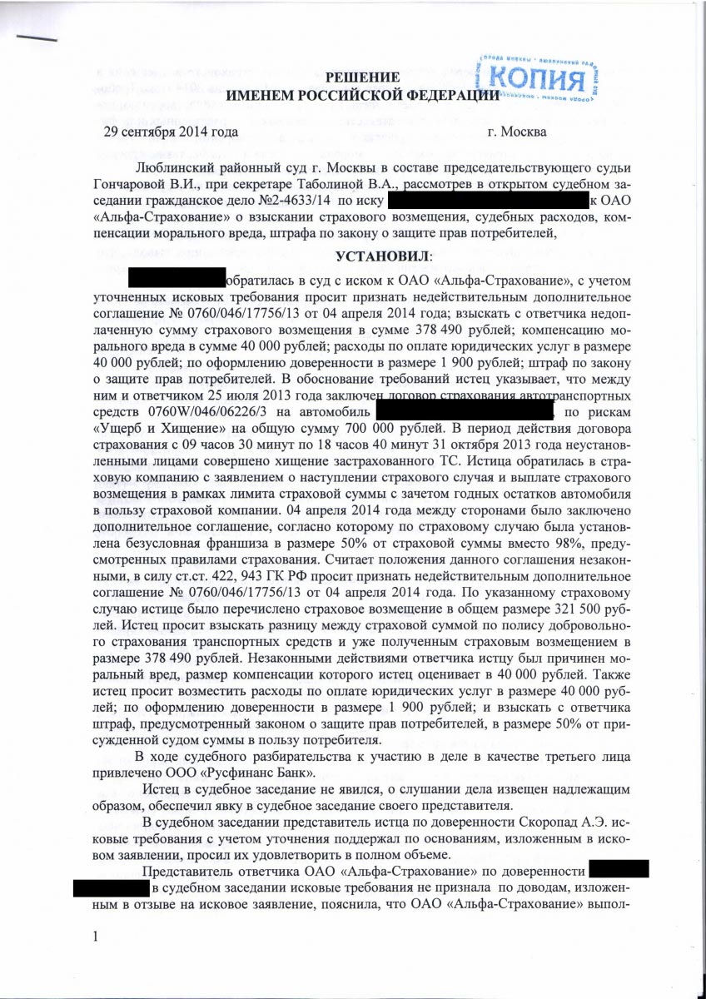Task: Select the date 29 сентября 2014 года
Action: point(171,132)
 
